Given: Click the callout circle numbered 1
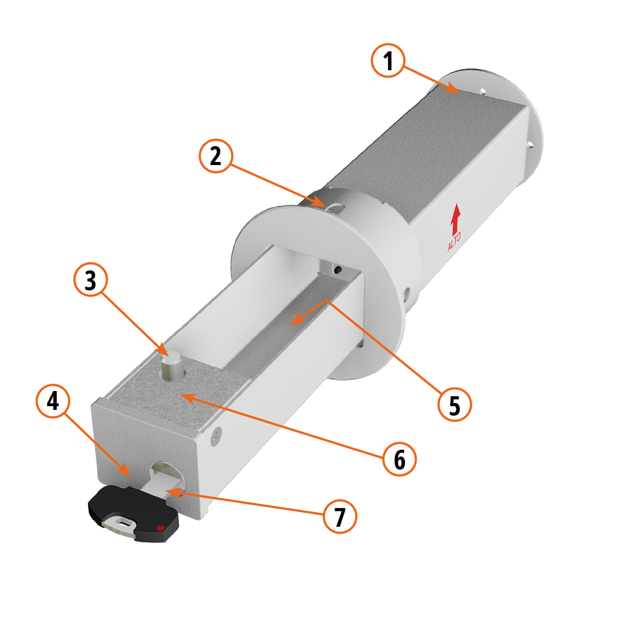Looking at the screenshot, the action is pyautogui.click(x=388, y=60).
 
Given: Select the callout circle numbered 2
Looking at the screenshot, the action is pyautogui.click(x=216, y=156).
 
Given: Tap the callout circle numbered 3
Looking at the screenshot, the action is pyautogui.click(x=91, y=279).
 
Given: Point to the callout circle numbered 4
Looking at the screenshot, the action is pyautogui.click(x=53, y=401).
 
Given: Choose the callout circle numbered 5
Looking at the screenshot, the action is pyautogui.click(x=455, y=405).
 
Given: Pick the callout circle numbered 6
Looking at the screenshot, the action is pyautogui.click(x=399, y=459).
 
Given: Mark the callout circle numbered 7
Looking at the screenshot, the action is pyautogui.click(x=340, y=516).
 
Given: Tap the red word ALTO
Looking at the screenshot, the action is pyautogui.click(x=454, y=242).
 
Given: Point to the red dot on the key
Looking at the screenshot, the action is pyautogui.click(x=160, y=528).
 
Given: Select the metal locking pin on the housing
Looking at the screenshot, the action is pyautogui.click(x=171, y=365).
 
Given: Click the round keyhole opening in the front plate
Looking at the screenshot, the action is pyautogui.click(x=166, y=474).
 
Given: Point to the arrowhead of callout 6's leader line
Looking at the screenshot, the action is pyautogui.click(x=188, y=397).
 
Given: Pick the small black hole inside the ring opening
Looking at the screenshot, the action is pyautogui.click(x=338, y=270).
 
